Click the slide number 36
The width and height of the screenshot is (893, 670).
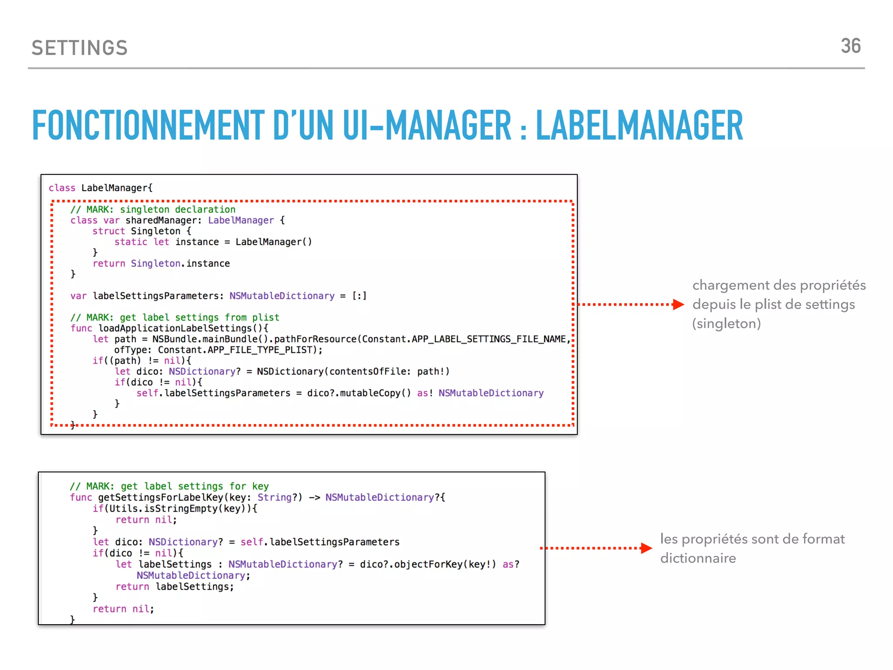(x=850, y=46)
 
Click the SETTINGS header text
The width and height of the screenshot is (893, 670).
(x=79, y=48)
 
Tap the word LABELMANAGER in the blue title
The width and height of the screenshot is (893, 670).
(x=639, y=126)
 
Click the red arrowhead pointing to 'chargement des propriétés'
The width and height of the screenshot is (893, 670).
(x=678, y=304)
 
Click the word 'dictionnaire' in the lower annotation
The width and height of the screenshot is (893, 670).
(x=698, y=558)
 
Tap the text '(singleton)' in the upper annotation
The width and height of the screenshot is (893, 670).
(x=726, y=324)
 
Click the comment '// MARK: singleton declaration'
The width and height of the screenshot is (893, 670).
(x=153, y=209)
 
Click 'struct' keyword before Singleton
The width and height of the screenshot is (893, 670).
(x=109, y=231)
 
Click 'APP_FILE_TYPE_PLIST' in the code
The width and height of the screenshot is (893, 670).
(x=260, y=350)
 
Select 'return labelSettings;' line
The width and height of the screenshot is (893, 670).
(x=174, y=587)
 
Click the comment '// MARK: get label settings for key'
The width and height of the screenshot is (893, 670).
(x=169, y=486)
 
